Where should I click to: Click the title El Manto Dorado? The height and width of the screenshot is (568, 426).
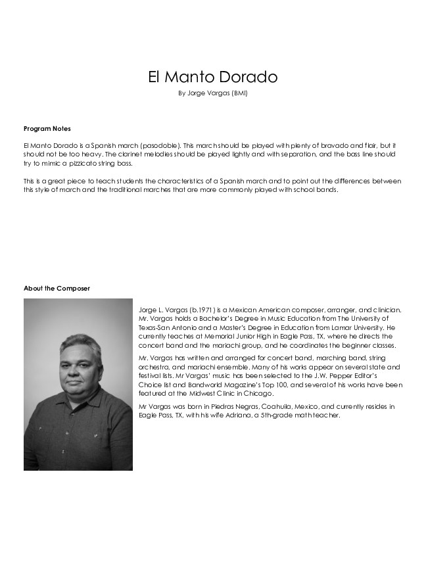212,77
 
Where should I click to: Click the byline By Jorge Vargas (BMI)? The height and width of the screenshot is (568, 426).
212,93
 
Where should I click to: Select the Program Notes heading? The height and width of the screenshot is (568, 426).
47,128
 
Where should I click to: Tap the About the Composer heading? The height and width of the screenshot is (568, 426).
57,288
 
